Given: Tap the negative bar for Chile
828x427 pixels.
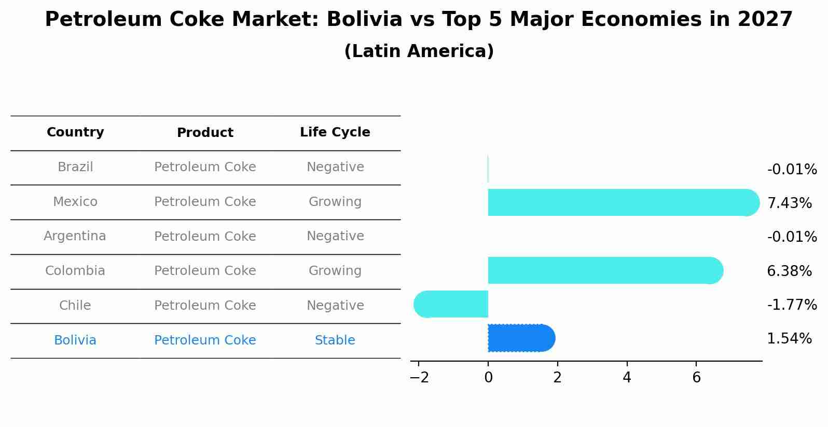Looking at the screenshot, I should coord(451,304).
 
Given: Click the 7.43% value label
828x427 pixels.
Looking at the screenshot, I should coord(789,203).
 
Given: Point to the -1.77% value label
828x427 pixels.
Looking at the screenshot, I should coord(792,305).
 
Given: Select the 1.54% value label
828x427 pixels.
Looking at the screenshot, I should coord(789,339).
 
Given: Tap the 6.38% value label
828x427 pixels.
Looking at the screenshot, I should coord(789,271).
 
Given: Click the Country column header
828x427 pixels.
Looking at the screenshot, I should coord(75,132).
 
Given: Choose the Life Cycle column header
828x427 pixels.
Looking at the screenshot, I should coord(335,132).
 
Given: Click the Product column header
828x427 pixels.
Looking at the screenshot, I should coord(205,133).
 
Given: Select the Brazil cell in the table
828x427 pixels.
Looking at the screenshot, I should coord(75,167).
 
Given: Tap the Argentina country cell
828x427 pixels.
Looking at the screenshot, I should coord(75,236).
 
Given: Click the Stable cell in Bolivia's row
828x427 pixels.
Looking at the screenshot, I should coord(335,340).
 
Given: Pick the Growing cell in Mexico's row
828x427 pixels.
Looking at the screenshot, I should coord(335,202).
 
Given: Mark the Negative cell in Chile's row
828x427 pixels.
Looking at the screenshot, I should coord(335,306).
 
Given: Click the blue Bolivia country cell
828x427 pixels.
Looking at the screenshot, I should coord(75,340).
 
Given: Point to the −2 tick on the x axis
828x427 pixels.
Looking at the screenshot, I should coord(419,378).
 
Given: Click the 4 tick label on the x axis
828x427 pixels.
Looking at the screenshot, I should coord(627,378).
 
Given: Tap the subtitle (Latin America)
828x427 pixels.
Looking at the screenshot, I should coord(419,51).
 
